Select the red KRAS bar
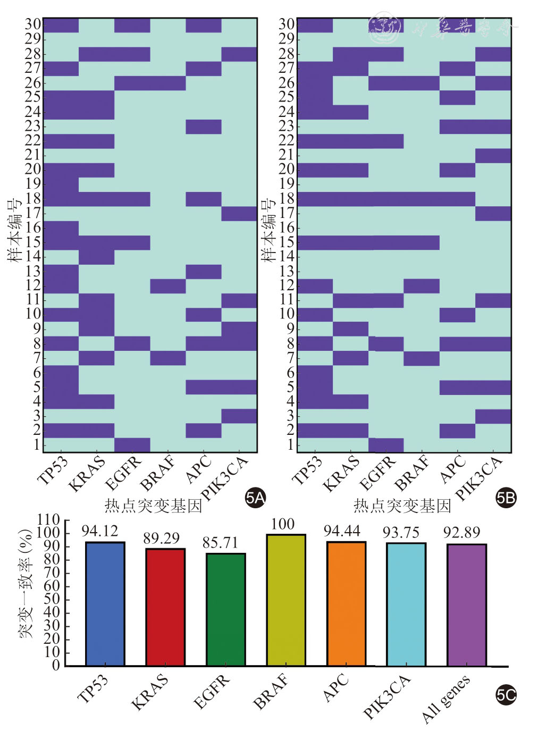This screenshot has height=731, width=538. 165,607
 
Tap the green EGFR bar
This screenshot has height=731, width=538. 226,609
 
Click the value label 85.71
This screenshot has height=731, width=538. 220,543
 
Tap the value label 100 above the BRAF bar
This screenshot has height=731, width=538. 282,524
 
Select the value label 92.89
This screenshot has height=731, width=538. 461,533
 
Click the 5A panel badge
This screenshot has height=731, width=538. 255,498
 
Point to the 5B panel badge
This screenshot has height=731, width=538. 506,498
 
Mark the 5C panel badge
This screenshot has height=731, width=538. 506,694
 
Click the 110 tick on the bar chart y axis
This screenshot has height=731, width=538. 49,520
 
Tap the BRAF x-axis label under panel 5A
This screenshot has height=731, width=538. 157,473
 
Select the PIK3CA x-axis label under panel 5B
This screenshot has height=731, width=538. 478,478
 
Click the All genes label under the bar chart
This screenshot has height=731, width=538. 446,699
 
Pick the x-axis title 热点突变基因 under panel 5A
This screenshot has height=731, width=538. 153,506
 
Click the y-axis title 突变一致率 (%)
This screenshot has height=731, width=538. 26,583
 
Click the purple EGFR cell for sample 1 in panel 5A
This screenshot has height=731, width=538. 132,444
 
